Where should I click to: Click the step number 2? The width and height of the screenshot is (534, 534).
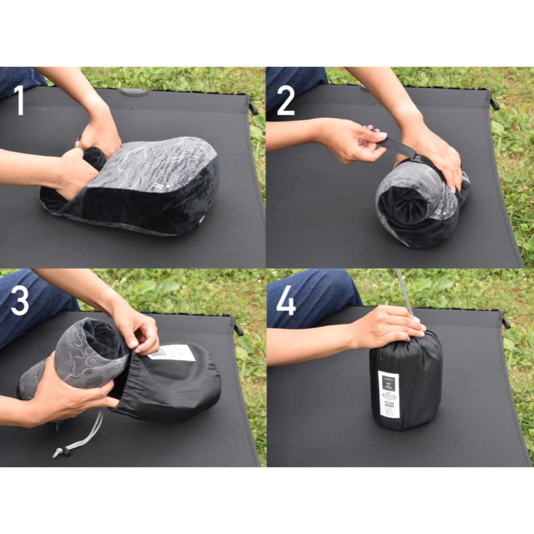(285, 100)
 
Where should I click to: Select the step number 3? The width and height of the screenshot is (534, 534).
(20, 300)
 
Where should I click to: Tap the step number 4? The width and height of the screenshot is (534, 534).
(285, 300)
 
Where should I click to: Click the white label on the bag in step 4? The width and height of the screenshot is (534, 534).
(388, 394)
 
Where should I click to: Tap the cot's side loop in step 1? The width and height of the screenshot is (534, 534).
(253, 109)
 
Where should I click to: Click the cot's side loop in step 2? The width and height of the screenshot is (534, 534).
(493, 104)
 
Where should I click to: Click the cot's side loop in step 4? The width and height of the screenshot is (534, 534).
(506, 322)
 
